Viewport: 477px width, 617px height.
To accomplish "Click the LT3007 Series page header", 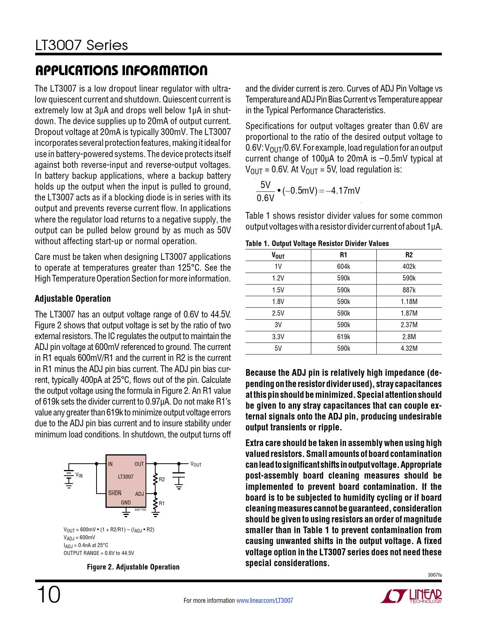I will [82, 45].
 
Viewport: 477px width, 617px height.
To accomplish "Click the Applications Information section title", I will [121, 70].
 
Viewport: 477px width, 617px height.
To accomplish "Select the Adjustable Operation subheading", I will [73, 298].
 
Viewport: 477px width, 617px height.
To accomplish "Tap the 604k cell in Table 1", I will [343, 267].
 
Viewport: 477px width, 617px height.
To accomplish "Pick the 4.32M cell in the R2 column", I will [409, 348].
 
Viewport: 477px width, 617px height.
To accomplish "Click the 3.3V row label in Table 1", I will [278, 337].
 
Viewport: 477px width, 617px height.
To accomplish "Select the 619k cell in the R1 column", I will [343, 337].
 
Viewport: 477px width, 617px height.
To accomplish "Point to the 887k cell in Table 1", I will [409, 290].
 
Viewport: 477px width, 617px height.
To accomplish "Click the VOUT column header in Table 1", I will [278, 255].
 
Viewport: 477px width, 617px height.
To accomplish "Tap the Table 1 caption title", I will [317, 243].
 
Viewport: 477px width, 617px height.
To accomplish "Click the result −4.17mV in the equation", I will [343, 191].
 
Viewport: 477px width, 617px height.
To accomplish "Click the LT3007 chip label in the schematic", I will [126, 477].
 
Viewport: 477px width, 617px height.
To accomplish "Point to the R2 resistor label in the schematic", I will [162, 479].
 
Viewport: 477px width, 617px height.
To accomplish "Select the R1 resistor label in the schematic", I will [162, 503].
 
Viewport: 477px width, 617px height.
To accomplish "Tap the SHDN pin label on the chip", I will [114, 493].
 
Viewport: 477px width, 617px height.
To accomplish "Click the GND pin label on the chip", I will [126, 503].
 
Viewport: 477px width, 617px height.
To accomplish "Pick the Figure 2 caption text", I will [133, 567].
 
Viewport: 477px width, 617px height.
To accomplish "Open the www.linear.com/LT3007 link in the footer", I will [265, 601].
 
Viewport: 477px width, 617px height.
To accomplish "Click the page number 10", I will [48, 595].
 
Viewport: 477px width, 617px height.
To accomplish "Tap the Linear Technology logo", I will [411, 596].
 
